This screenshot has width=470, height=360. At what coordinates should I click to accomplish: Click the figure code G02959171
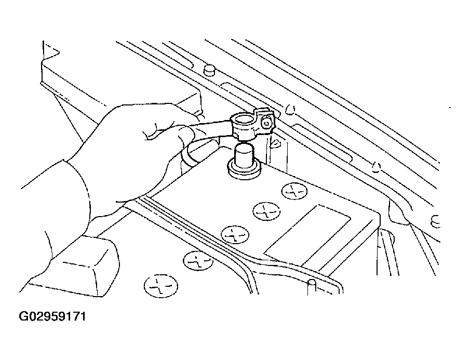point(52,316)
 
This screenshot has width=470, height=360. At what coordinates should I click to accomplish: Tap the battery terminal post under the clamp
point(244,156)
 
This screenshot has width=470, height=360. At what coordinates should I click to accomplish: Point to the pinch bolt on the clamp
point(266,123)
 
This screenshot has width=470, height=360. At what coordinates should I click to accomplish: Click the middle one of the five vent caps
point(235,234)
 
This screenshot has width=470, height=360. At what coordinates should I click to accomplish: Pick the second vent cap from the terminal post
point(266,211)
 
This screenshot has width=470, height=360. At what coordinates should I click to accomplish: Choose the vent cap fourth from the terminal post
point(198,260)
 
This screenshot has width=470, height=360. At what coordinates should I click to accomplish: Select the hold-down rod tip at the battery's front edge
point(312,287)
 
